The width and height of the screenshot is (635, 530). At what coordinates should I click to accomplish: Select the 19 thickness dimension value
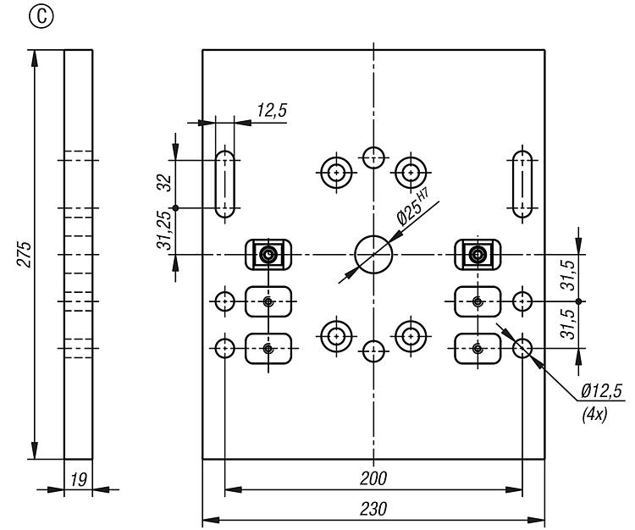78,480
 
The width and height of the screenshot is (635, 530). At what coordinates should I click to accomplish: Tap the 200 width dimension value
373,478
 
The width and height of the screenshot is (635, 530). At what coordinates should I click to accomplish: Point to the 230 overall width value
373,510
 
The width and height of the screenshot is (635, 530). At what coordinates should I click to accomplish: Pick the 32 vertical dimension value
163,183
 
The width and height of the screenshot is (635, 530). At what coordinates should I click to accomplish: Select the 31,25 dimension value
163,230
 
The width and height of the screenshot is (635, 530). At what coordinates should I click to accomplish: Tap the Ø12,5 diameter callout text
601,390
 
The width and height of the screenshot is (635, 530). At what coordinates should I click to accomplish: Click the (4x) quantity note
594,415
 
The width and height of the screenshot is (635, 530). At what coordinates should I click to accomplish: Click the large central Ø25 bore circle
373,253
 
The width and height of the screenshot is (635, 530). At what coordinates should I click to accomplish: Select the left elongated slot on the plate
224,184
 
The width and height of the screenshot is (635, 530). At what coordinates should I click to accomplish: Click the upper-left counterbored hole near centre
336,172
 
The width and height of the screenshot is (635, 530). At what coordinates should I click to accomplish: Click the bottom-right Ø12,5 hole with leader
522,347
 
